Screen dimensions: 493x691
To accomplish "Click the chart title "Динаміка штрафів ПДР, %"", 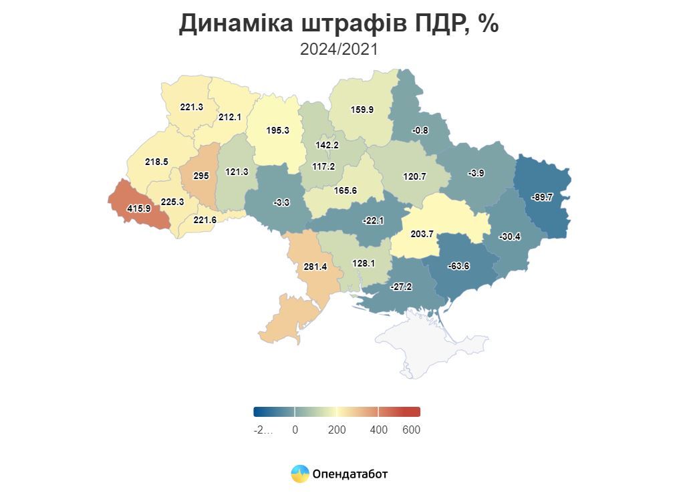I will [x=339, y=24].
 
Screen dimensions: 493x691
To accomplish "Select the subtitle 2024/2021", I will [x=339, y=49].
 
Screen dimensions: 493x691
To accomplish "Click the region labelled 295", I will [x=201, y=176].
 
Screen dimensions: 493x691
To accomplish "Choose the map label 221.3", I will [x=191, y=106].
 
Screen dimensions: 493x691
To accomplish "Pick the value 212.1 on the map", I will [x=229, y=117].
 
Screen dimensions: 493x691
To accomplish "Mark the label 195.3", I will [x=277, y=130].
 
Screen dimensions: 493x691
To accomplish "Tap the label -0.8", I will [x=420, y=130].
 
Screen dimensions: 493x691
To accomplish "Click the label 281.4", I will [x=315, y=267].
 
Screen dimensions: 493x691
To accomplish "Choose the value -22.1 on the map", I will [x=373, y=220].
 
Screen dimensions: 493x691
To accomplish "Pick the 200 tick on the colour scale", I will [x=337, y=430].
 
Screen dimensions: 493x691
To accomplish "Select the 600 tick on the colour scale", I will [x=411, y=430].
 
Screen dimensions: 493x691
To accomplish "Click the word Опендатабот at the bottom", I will [x=350, y=474].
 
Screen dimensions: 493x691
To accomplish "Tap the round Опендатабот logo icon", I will [x=300, y=474].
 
